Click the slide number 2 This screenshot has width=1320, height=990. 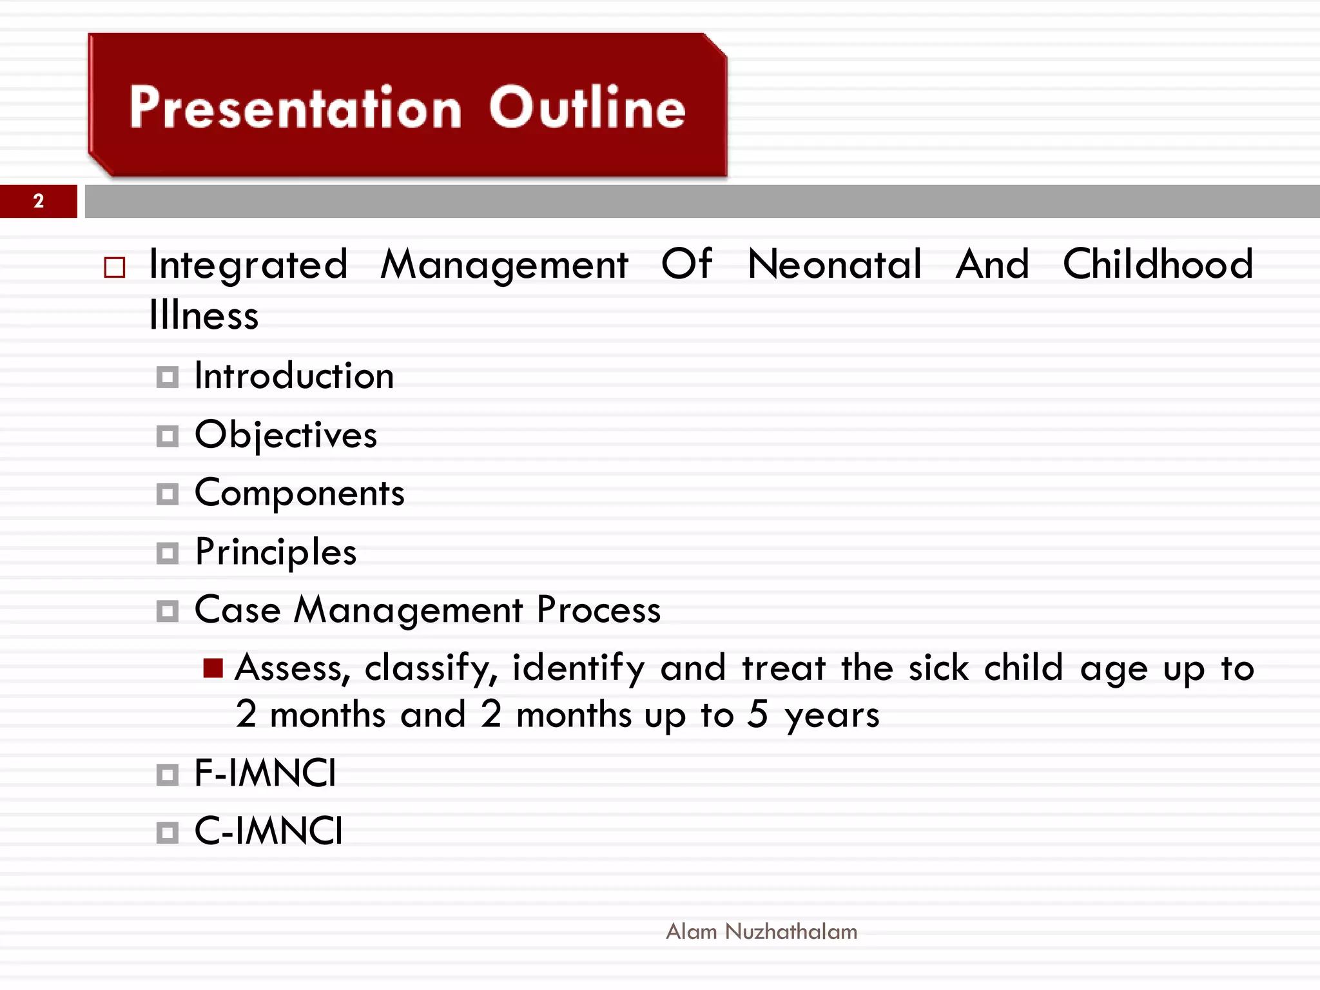point(39,201)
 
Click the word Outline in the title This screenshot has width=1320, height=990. point(587,108)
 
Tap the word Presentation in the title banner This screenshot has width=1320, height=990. point(295,108)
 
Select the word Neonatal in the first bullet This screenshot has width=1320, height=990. point(835,264)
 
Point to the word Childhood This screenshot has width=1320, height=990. point(1158,264)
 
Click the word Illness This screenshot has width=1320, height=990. point(204,316)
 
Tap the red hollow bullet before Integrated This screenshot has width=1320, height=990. point(115,267)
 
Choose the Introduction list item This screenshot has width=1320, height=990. point(294,376)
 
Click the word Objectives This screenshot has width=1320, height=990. point(286,435)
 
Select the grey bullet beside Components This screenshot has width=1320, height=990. point(168,495)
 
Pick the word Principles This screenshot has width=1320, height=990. point(276,552)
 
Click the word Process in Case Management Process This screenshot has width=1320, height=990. point(598,610)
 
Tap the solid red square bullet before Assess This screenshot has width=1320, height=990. point(213,668)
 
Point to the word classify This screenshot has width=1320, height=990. point(431,668)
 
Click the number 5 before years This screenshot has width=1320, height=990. point(757,714)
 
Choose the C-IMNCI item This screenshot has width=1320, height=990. point(268,831)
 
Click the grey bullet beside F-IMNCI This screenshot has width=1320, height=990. point(168,775)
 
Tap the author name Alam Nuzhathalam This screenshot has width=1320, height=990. point(761,931)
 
